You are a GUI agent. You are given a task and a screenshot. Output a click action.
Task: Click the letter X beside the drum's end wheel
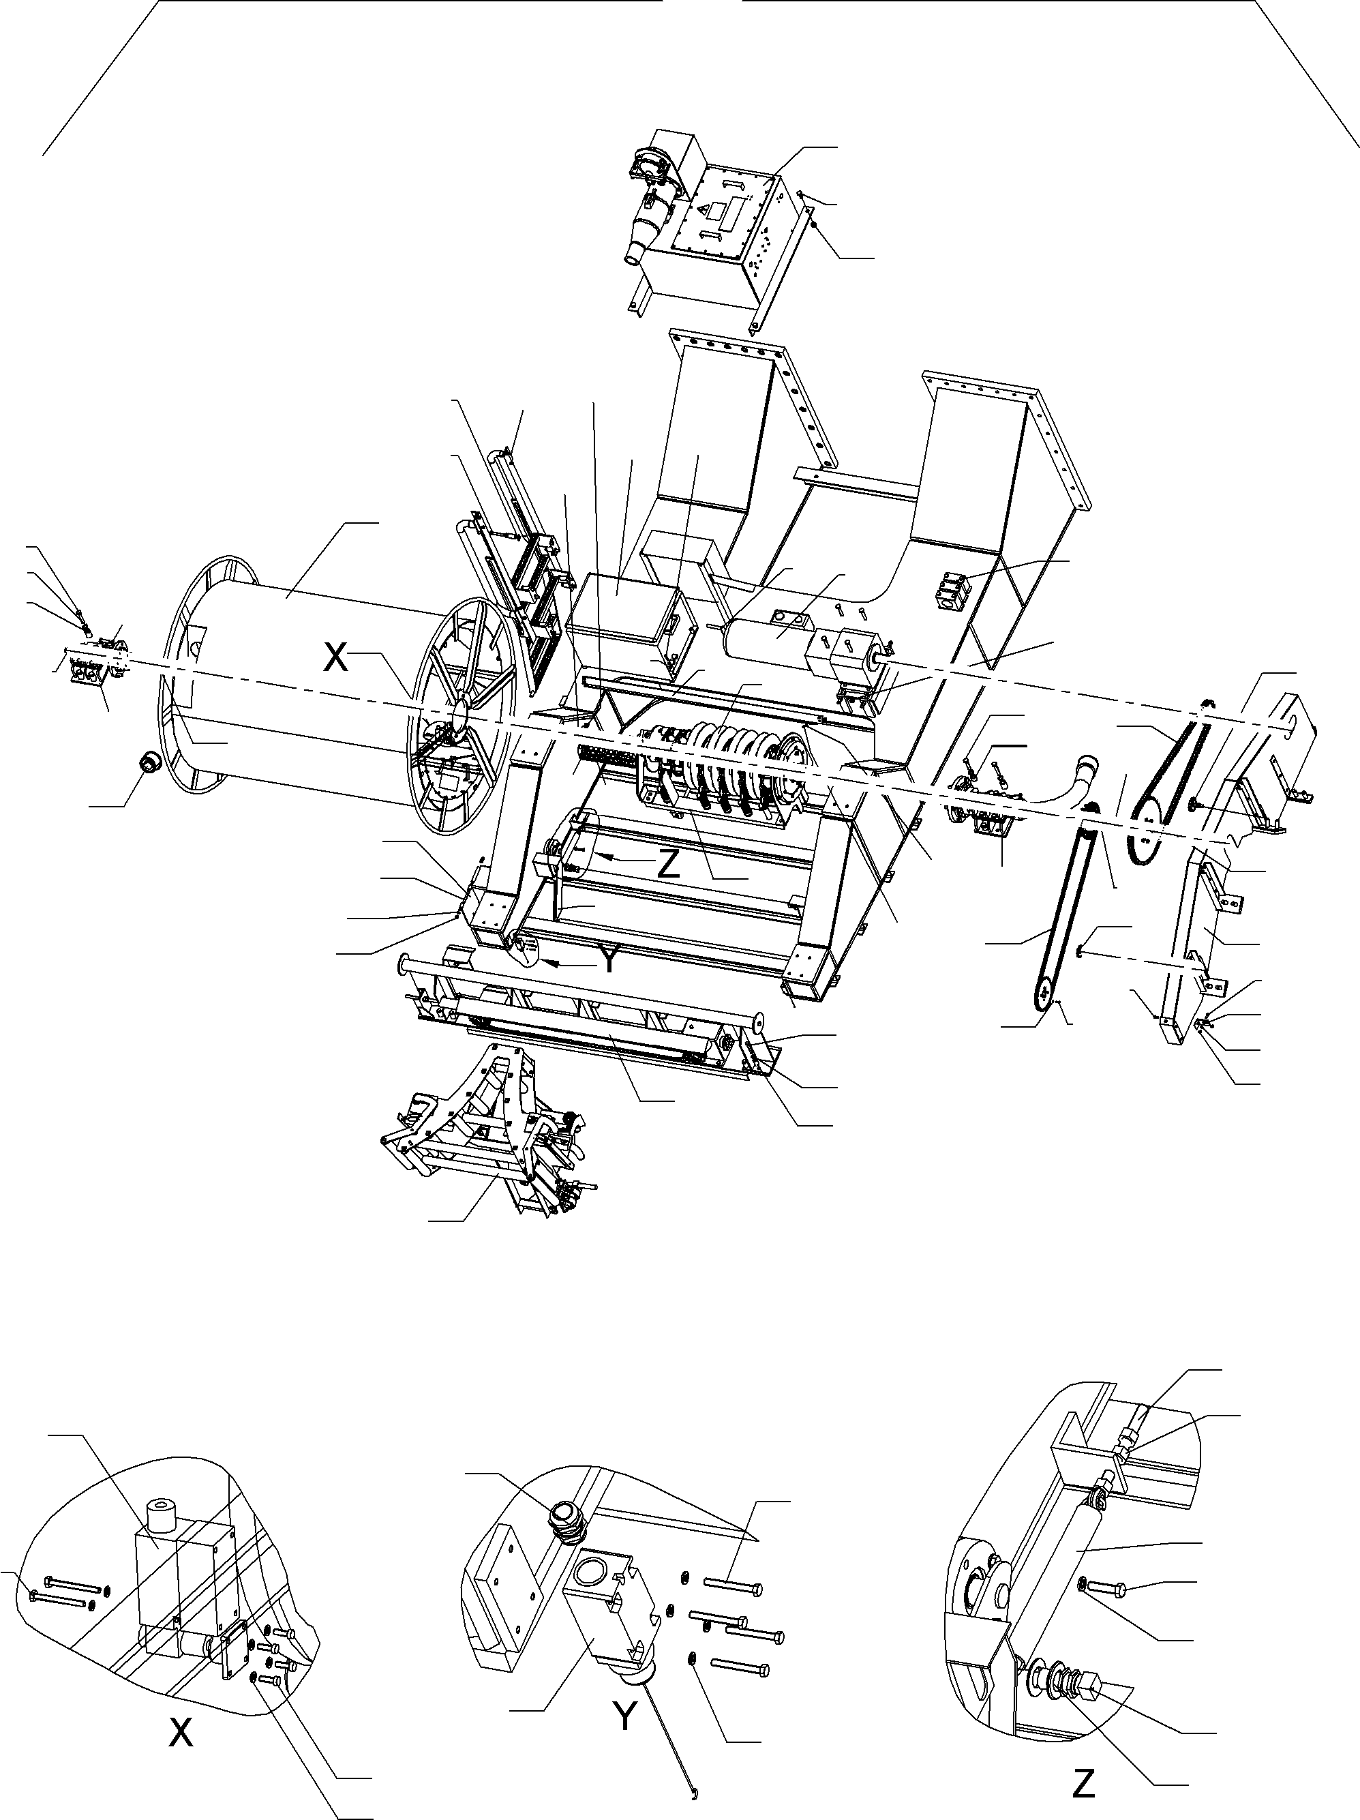click(x=335, y=657)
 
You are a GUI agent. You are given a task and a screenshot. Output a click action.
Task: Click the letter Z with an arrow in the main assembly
click(x=668, y=865)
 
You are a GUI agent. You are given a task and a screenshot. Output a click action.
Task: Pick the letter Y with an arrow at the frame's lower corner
click(x=607, y=960)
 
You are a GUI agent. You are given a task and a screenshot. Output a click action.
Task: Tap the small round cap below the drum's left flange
click(x=150, y=762)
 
